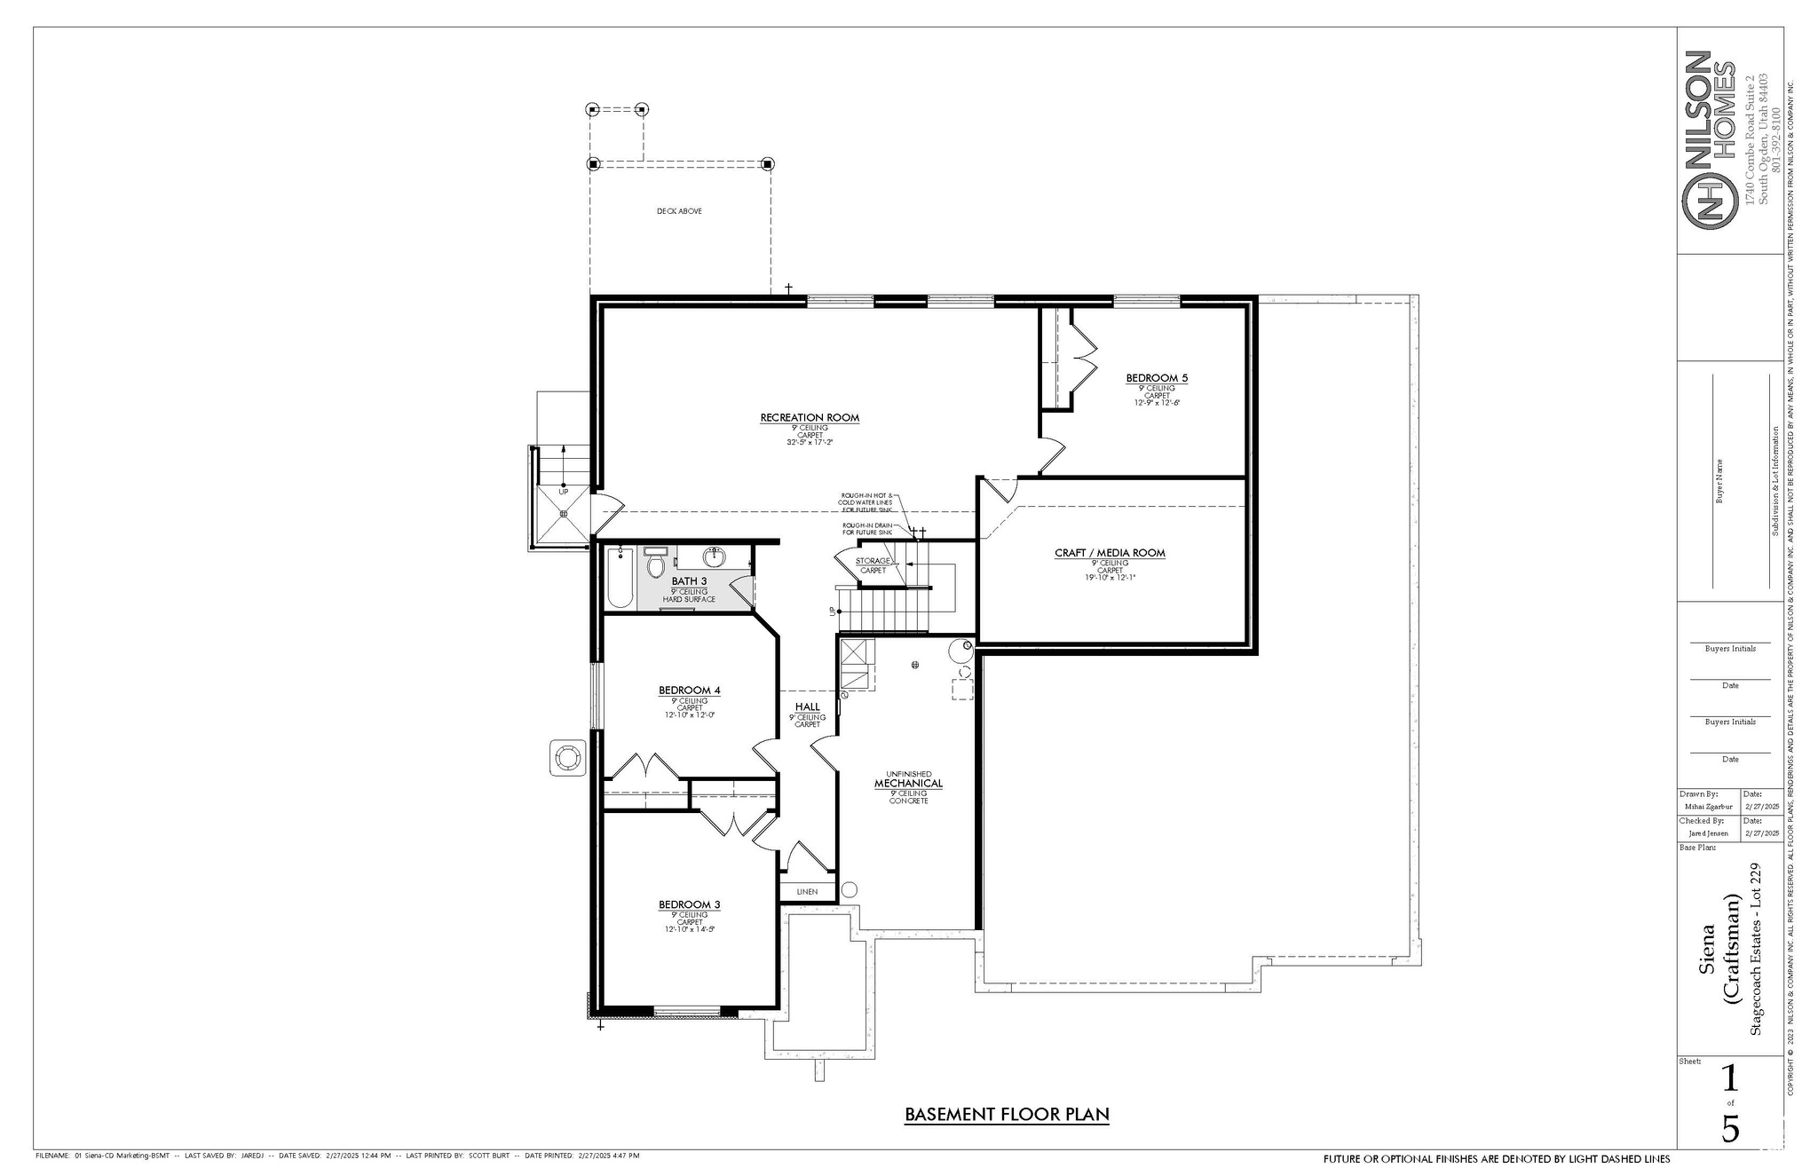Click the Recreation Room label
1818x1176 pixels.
(810, 417)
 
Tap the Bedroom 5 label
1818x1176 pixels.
(1157, 378)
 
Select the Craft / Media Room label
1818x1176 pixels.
(1110, 553)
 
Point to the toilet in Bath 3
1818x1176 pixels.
(656, 564)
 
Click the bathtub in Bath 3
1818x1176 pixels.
(620, 577)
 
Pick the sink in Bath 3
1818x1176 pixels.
(715, 557)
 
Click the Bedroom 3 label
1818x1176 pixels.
(689, 904)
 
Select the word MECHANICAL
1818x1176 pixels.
(908, 784)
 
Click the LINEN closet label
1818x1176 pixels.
(807, 891)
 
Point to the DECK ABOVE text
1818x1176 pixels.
(679, 211)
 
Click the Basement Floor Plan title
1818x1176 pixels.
(1007, 1114)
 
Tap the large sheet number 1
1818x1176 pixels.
(1729, 1078)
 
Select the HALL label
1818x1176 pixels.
(807, 707)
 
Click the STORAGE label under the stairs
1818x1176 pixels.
(873, 561)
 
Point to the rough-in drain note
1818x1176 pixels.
(867, 528)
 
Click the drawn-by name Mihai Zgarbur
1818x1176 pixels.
(1707, 807)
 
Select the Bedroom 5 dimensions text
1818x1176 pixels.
(1157, 402)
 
